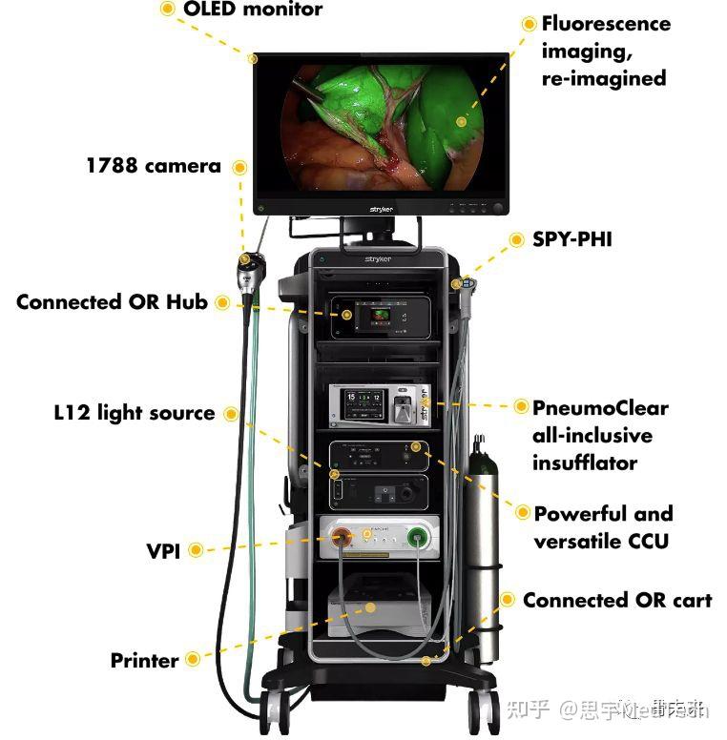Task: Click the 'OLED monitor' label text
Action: coord(253,10)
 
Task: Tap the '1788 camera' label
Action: coord(153,166)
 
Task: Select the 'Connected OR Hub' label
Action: coord(112,303)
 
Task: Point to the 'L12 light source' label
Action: coord(134,413)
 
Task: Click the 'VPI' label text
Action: coord(163,550)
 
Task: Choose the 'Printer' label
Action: coord(144,660)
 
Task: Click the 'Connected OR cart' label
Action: coord(616,601)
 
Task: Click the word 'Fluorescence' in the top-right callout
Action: coord(606,24)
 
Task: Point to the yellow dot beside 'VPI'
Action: coord(196,549)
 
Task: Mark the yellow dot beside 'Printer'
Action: coord(193,659)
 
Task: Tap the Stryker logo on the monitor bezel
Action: coord(381,208)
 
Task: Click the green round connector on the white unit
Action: coord(417,539)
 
